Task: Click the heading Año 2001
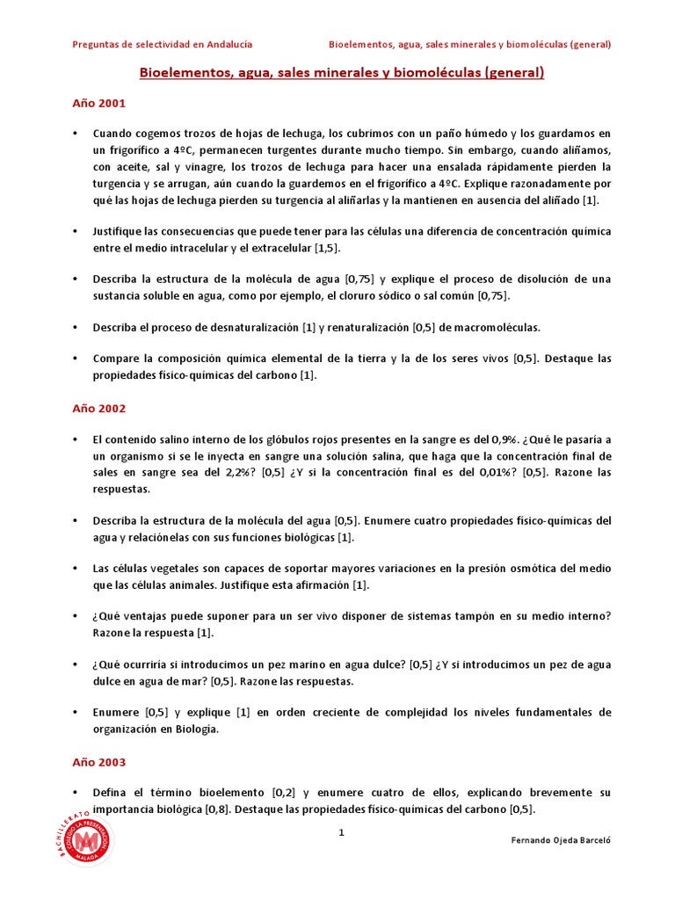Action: click(x=98, y=103)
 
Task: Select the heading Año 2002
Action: click(x=98, y=408)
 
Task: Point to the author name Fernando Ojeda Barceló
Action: click(x=561, y=840)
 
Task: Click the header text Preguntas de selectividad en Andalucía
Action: click(x=162, y=43)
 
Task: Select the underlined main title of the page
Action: click(x=342, y=72)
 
